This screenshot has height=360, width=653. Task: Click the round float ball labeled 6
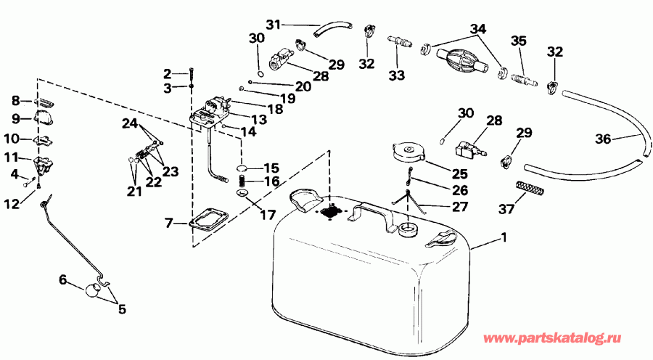click(93, 290)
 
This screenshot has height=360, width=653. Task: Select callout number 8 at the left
click(15, 102)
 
